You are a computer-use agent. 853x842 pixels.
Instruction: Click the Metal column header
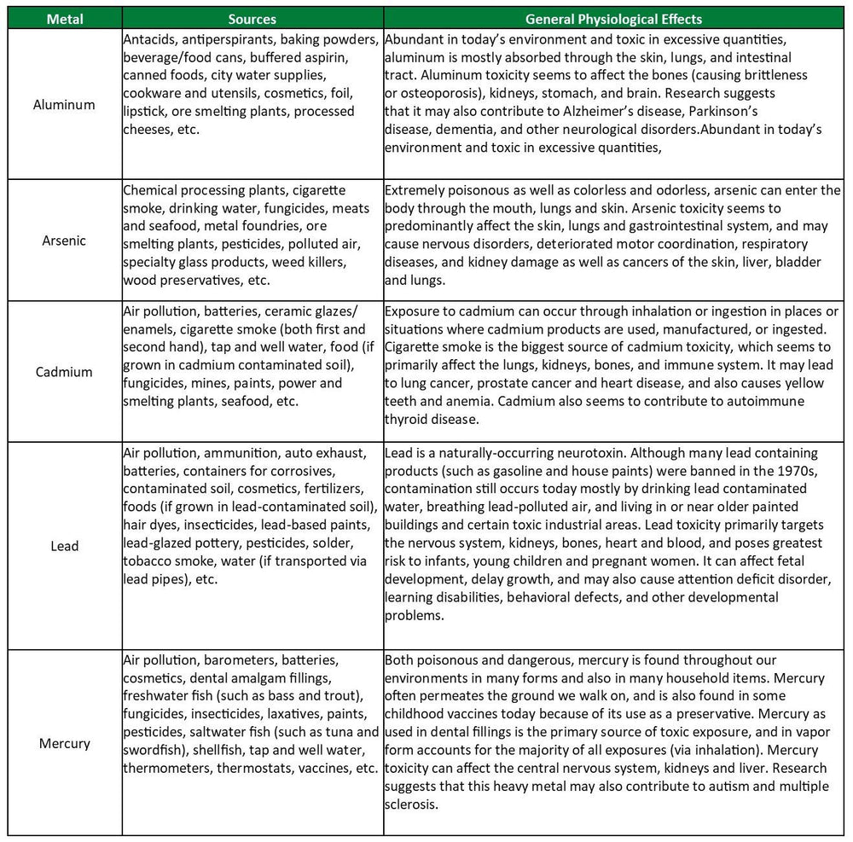[65, 19]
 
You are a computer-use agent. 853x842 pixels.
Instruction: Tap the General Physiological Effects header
[613, 19]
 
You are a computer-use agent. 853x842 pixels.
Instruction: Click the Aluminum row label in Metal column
[64, 105]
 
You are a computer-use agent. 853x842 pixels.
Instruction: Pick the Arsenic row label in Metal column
[64, 240]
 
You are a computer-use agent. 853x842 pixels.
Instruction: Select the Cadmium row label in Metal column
[64, 372]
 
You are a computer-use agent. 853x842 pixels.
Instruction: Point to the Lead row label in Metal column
[64, 546]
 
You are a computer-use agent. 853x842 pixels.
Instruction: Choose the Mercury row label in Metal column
[64, 743]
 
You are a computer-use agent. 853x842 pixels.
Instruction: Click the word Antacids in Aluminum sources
[148, 39]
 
